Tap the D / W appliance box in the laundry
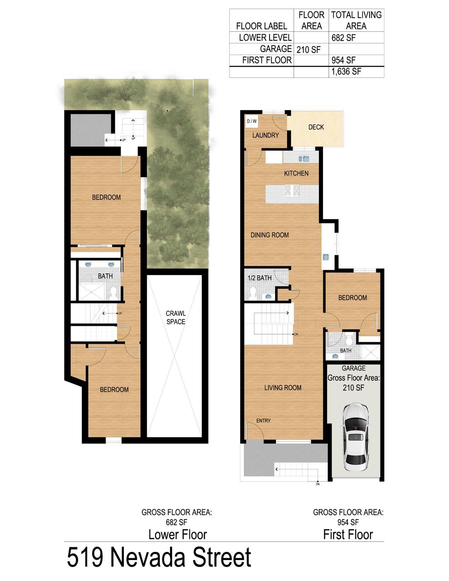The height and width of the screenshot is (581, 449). tap(251, 121)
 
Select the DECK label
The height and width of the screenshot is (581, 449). tap(316, 127)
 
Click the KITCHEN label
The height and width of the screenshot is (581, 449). tap(296, 173)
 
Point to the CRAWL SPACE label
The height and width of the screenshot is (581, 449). tap(175, 317)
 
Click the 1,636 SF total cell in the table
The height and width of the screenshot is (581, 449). tap(346, 72)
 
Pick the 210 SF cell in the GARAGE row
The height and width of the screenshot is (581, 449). tap(308, 50)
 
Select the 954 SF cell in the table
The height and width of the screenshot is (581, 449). tap(343, 60)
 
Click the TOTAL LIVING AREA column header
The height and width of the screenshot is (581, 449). tap(356, 20)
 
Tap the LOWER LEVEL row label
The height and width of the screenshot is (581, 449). tap(265, 38)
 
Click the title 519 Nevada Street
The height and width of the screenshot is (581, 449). tap(159, 557)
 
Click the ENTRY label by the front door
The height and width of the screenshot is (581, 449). tap(263, 421)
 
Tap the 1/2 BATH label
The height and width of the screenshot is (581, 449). tap(260, 278)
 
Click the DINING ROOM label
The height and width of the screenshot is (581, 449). tap(270, 235)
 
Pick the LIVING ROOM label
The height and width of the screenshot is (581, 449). tap(283, 388)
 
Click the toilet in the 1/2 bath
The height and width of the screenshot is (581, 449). tap(252, 292)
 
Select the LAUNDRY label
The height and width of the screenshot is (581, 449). tap(265, 135)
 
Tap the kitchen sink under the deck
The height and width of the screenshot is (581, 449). tap(304, 159)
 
